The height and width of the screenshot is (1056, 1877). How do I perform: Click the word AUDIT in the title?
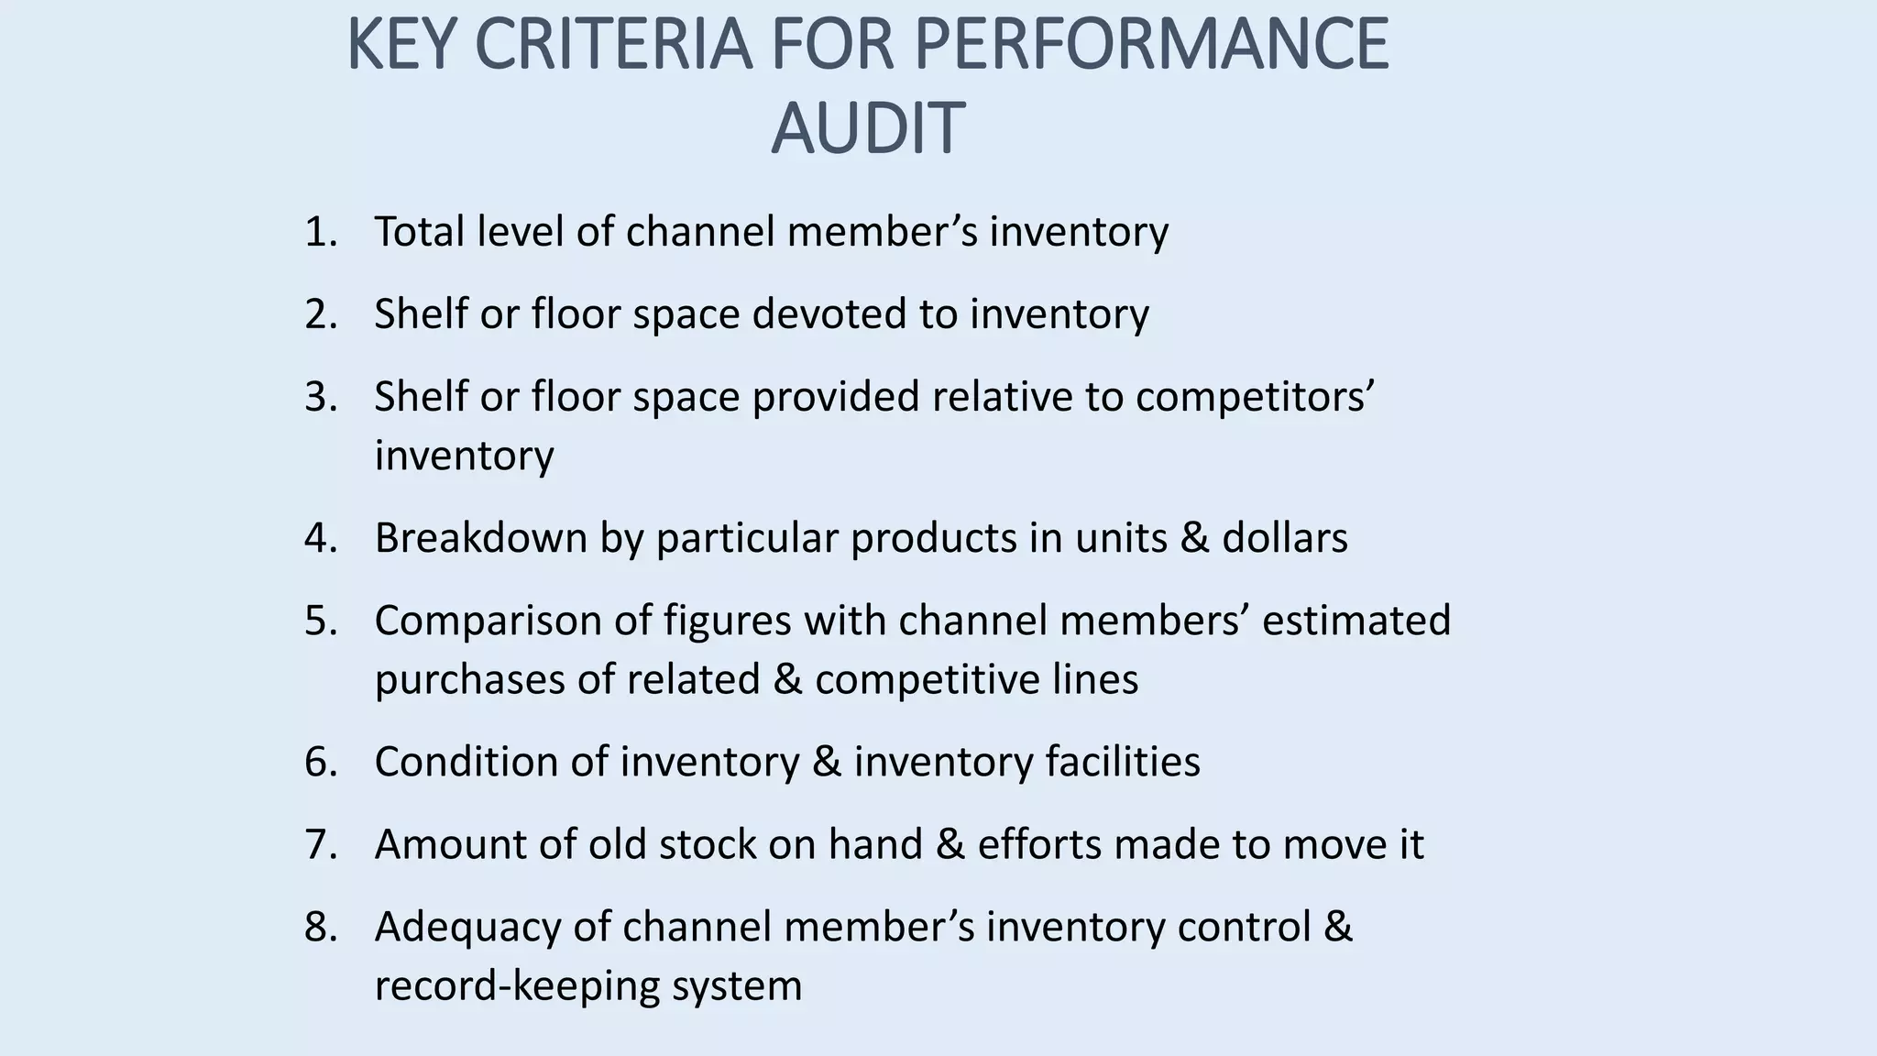click(x=867, y=128)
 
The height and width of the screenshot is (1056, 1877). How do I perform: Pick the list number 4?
click(x=320, y=538)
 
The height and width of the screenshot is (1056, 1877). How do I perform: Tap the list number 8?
click(x=320, y=927)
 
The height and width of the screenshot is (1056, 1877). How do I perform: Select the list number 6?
click(x=320, y=762)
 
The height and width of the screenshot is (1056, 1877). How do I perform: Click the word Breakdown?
click(x=480, y=538)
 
